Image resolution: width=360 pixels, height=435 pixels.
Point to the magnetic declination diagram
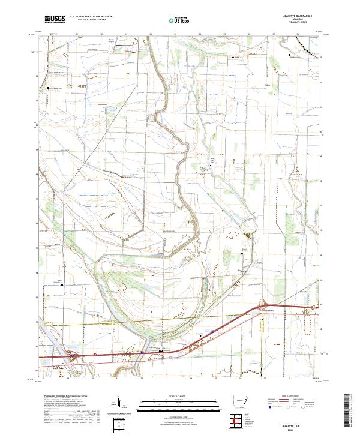tap(119, 406)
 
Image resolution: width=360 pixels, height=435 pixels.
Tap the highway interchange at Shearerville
tap(262, 305)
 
